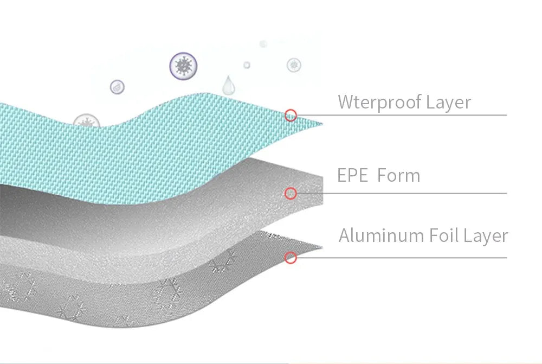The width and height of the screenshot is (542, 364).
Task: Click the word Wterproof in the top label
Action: click(x=379, y=103)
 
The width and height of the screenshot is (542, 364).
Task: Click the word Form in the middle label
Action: click(x=398, y=175)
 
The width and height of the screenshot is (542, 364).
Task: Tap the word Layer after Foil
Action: click(x=486, y=237)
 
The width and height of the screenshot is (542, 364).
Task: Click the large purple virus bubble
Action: click(x=184, y=66)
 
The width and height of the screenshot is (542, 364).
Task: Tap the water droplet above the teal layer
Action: click(x=228, y=85)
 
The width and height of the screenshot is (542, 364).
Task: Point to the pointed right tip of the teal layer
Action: click(x=322, y=124)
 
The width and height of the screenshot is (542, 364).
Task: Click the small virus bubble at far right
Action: click(x=294, y=65)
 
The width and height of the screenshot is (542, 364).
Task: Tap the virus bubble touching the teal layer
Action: click(x=86, y=121)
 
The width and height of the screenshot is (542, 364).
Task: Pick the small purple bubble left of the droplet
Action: click(x=117, y=87)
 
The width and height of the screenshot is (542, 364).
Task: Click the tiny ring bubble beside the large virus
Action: click(x=247, y=65)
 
